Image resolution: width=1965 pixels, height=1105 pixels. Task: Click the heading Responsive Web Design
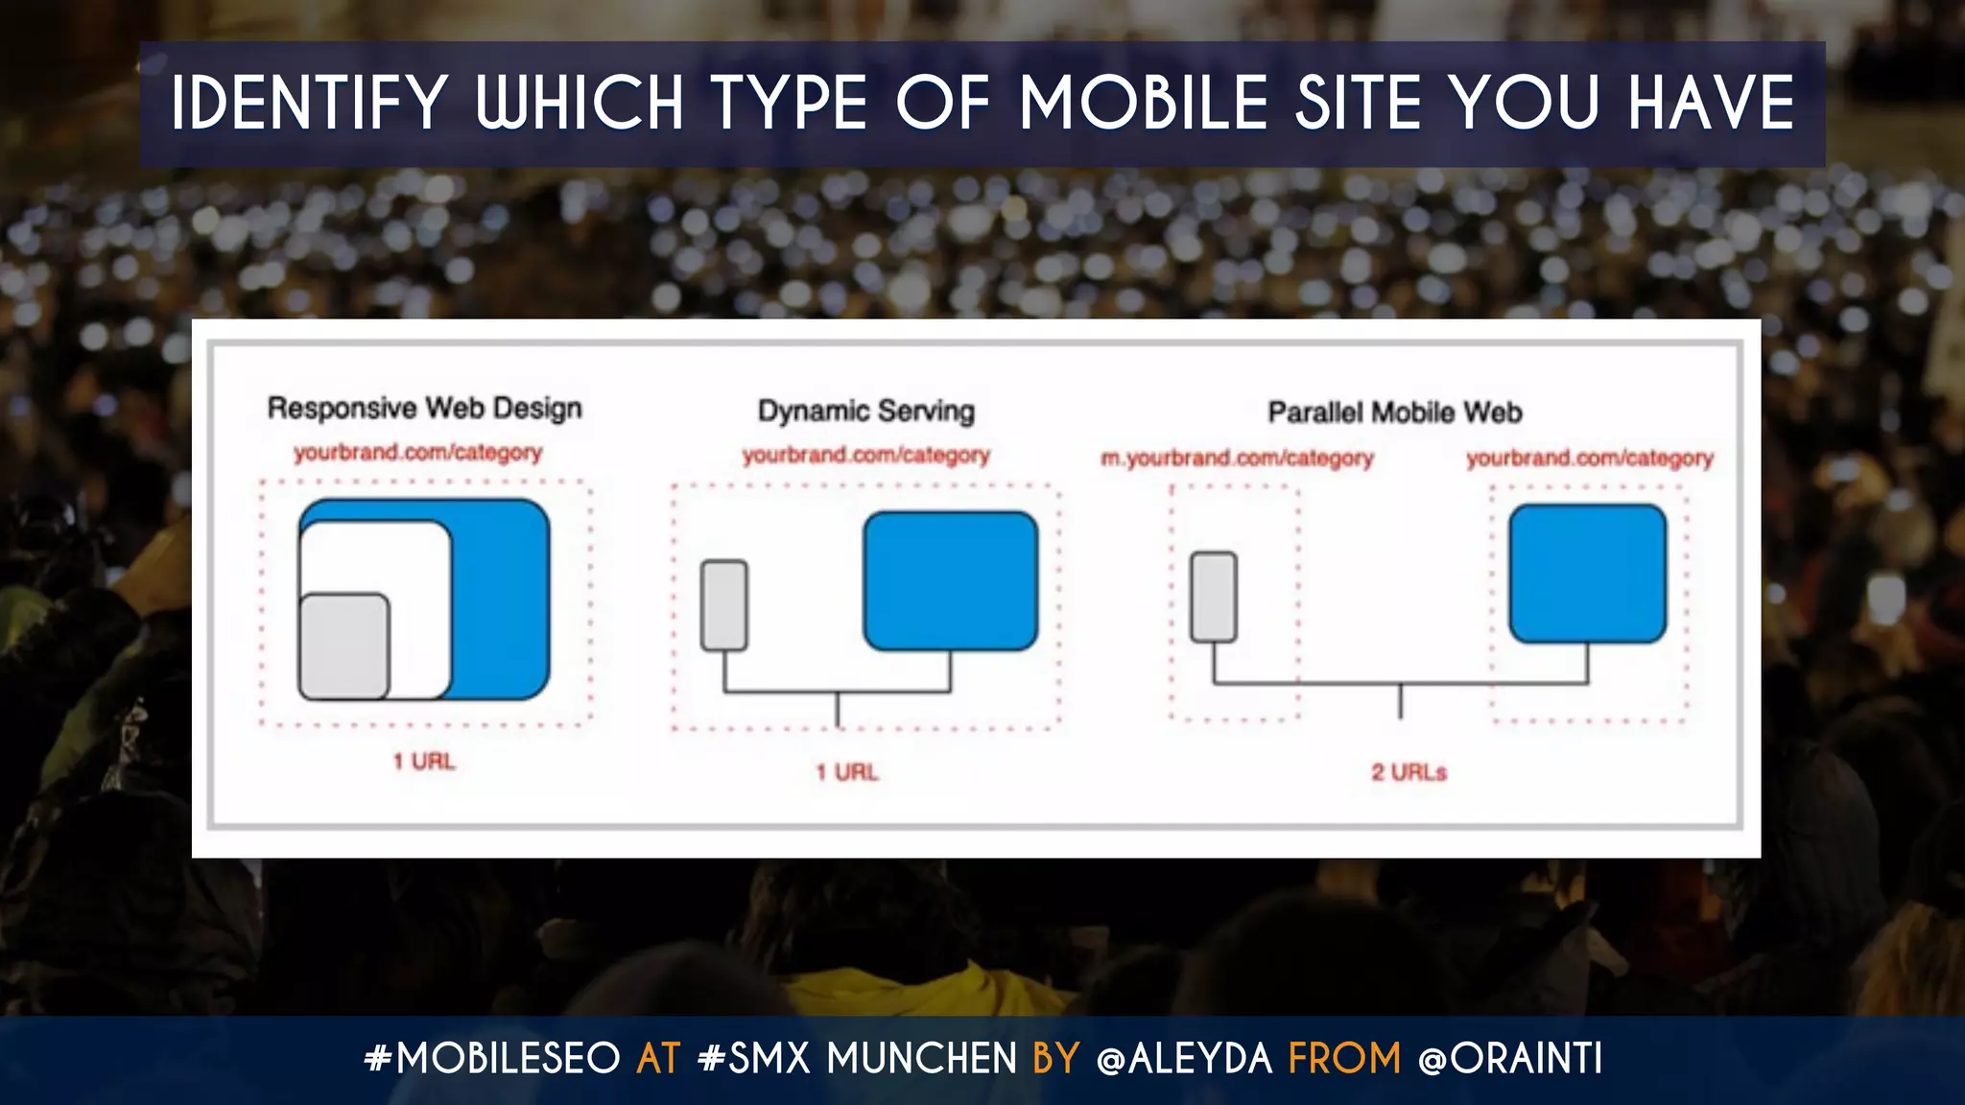[x=424, y=409]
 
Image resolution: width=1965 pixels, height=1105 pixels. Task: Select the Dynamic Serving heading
[x=865, y=411]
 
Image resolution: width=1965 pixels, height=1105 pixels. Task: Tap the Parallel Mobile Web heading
[x=1394, y=413]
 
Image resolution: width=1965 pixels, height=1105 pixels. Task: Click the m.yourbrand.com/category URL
[x=1237, y=458]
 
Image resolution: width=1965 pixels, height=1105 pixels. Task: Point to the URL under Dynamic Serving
[x=865, y=456]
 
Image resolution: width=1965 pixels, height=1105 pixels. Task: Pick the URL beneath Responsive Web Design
[x=417, y=453]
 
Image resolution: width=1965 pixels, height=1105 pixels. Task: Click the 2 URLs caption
[x=1409, y=772]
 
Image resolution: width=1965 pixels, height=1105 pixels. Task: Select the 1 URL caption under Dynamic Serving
[x=846, y=772]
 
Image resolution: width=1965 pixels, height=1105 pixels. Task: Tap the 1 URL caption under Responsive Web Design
[x=423, y=762]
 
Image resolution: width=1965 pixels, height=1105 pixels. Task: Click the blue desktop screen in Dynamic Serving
[x=950, y=581]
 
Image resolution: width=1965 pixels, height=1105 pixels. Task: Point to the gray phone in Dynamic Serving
[x=723, y=606]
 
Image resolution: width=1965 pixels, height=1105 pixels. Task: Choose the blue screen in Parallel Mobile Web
[x=1587, y=574]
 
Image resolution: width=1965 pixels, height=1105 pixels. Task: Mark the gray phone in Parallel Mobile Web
[x=1213, y=597]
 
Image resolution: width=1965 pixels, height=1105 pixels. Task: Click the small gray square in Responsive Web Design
[x=343, y=647]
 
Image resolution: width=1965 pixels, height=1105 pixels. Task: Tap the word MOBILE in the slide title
[x=1143, y=104]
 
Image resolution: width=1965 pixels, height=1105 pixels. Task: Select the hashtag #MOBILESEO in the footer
[x=492, y=1059]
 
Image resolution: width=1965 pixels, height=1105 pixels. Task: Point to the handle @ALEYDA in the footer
[x=1184, y=1059]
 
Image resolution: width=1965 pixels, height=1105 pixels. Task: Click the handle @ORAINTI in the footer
[x=1510, y=1059]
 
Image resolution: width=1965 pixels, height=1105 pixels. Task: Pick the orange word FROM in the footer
[x=1344, y=1059]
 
